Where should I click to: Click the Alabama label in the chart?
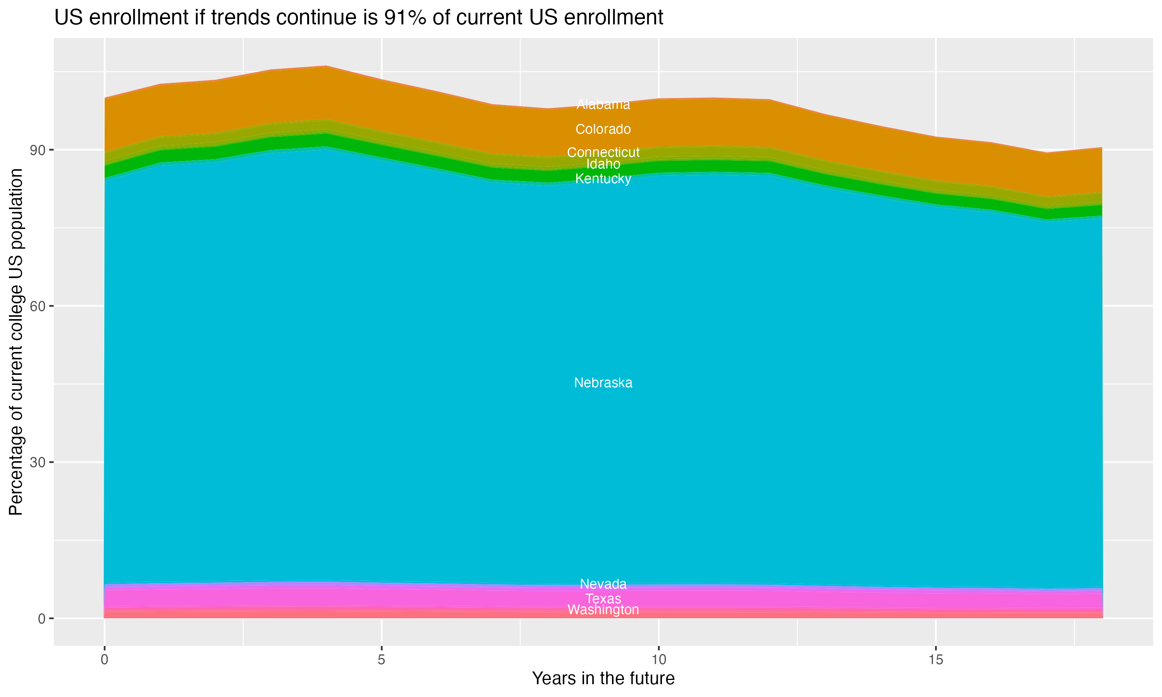coord(603,104)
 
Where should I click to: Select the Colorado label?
coord(603,129)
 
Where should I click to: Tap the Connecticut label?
coord(603,153)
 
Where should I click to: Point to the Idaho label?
coord(603,164)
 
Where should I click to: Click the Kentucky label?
coord(603,179)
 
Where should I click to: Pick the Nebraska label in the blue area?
coord(603,383)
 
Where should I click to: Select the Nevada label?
coord(603,584)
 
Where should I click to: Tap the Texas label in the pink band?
coord(603,599)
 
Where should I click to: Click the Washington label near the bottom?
coord(603,609)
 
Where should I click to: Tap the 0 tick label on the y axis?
coord(42,618)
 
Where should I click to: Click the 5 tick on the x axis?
coord(382,660)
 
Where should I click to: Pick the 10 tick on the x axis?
coord(658,660)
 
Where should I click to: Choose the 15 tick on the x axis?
coord(936,660)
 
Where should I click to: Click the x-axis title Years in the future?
coord(603,679)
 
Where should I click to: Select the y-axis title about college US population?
coord(16,342)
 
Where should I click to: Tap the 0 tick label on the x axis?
coord(104,660)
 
